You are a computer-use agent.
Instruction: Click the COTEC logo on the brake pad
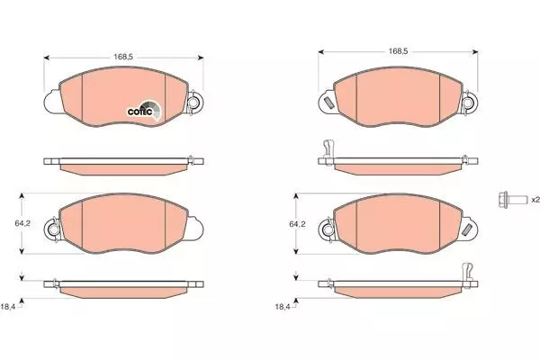click(144, 111)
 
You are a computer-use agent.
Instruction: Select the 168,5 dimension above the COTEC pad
click(123, 57)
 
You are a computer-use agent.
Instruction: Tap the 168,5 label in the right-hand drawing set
click(398, 51)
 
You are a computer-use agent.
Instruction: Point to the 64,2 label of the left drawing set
click(22, 223)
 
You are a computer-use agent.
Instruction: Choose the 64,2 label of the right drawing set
click(297, 224)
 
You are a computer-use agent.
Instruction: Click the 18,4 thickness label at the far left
click(8, 307)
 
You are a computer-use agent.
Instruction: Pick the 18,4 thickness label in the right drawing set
click(283, 307)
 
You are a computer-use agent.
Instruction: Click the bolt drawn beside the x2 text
click(512, 199)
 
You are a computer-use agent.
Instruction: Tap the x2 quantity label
click(535, 200)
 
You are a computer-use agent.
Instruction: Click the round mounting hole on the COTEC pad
click(193, 103)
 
